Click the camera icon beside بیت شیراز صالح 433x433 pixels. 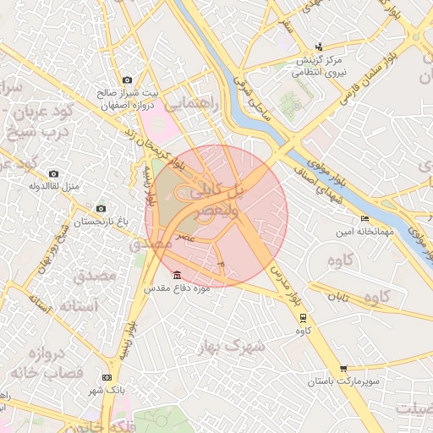[x=127, y=79]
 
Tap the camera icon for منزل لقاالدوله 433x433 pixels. [x=53, y=174]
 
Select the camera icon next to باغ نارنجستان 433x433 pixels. [x=101, y=208]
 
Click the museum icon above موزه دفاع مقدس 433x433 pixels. [x=176, y=275]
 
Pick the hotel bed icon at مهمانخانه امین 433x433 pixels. [x=364, y=219]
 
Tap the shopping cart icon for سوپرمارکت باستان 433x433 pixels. [x=343, y=369]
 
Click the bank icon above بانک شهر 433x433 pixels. [x=107, y=377]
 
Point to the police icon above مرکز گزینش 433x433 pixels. [x=318, y=47]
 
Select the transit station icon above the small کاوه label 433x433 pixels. [x=303, y=317]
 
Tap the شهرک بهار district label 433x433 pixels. [x=232, y=346]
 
